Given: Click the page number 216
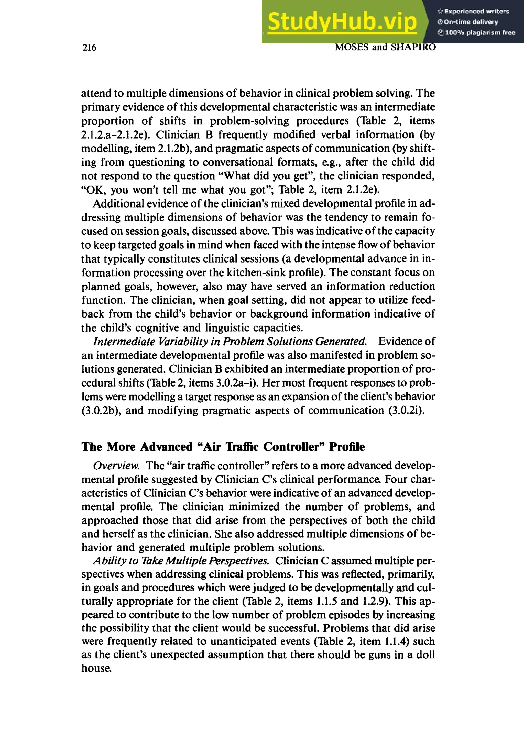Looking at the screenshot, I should (89, 48).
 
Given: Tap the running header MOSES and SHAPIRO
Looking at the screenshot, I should (385, 47).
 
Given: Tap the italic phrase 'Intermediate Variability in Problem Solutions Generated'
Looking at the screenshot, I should (230, 341).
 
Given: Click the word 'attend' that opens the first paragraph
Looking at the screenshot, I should (96, 94).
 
